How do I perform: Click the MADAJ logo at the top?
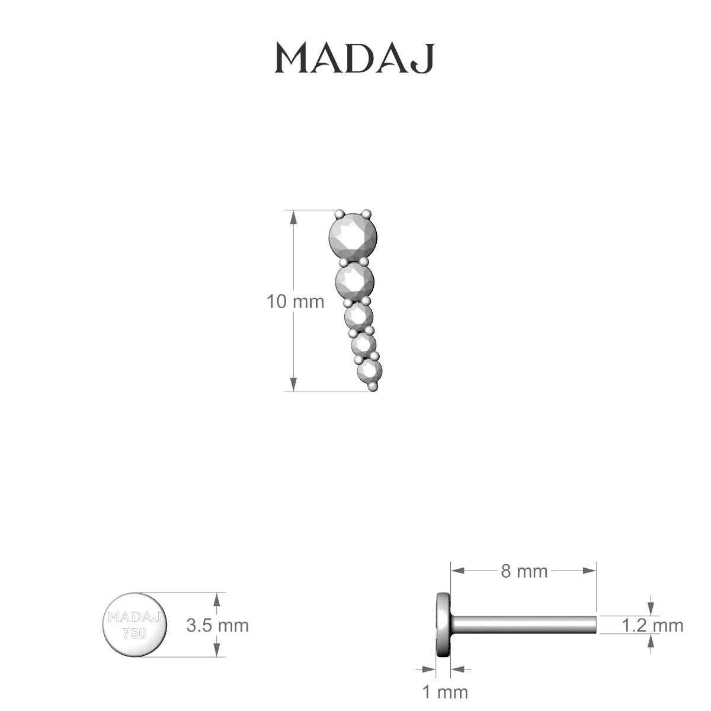tap(354, 58)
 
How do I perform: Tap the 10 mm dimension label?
tap(296, 302)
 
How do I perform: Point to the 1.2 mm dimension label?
tap(652, 625)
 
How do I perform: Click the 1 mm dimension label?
tap(444, 691)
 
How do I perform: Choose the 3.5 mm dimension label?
tap(217, 625)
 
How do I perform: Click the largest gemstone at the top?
tap(353, 238)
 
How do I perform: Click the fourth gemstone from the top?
tap(363, 344)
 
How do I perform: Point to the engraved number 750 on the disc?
tap(134, 633)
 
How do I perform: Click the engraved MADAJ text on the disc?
tap(134, 618)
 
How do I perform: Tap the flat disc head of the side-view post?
tap(442, 624)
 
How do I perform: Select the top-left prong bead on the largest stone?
tap(339, 214)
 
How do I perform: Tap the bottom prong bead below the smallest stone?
tap(373, 386)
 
